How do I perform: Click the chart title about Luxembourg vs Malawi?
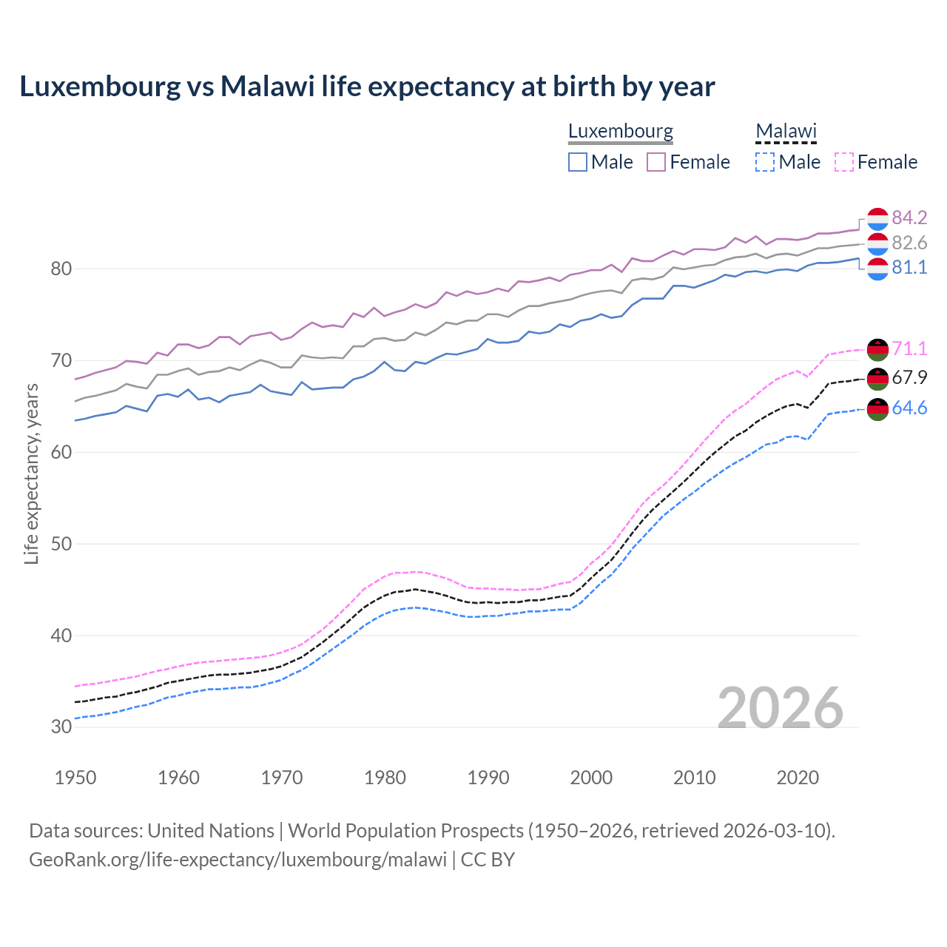click(367, 87)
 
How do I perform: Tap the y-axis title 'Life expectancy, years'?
click(31, 473)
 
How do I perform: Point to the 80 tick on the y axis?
click(61, 269)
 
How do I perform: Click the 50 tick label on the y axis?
click(61, 544)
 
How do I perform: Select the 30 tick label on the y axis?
click(61, 727)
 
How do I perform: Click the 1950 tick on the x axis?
click(75, 778)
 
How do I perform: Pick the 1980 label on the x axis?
click(385, 778)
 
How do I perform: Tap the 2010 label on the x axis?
click(694, 778)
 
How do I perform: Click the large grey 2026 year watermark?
click(781, 708)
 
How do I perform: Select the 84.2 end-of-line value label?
click(909, 218)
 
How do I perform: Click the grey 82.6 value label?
click(909, 243)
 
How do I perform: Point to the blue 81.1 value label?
click(909, 267)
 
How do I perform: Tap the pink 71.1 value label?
click(909, 348)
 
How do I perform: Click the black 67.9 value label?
click(909, 377)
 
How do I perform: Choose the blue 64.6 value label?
click(909, 408)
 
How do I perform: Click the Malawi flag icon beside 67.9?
click(877, 378)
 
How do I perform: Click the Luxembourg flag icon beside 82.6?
click(877, 243)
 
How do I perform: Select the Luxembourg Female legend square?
click(656, 162)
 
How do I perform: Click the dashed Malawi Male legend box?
click(765, 162)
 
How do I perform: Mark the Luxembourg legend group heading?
click(621, 132)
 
